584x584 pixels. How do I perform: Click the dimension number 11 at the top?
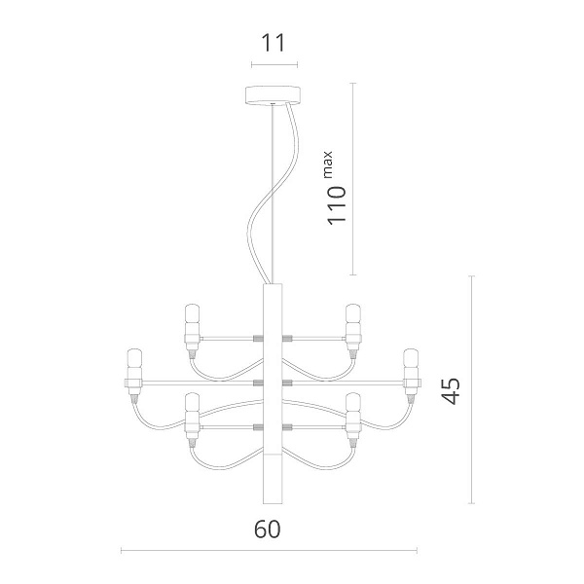[274, 43]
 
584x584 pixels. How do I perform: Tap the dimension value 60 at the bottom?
[267, 529]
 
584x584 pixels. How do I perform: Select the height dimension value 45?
[451, 391]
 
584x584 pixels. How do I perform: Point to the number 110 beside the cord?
[337, 205]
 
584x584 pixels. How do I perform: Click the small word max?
[328, 164]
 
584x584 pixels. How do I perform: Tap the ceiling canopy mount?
[273, 95]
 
